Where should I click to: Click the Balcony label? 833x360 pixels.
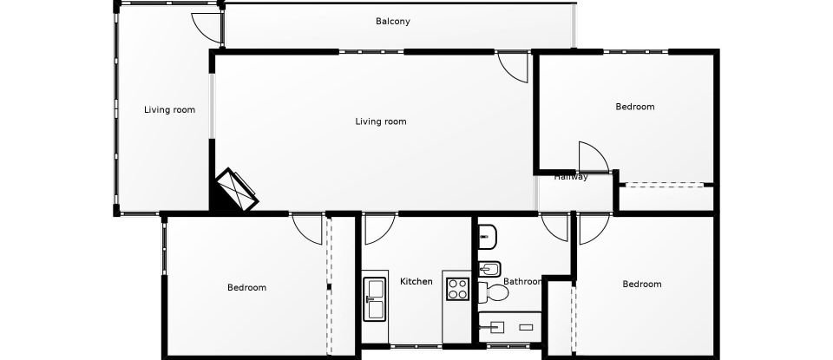pos(392,22)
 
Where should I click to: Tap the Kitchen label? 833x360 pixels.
pos(416,281)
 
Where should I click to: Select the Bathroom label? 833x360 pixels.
pos(522,282)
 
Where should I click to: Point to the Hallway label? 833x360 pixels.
pos(571,177)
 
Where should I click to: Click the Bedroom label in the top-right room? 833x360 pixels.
pos(634,107)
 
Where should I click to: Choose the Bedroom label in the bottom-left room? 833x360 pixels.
pos(246,287)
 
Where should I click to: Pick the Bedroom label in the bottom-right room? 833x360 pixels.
pos(641,284)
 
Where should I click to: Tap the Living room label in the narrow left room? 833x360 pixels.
pos(169,110)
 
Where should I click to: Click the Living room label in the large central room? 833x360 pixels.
pos(380,121)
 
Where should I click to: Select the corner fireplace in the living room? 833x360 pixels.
pos(237,190)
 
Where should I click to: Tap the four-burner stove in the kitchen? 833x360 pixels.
pos(457,289)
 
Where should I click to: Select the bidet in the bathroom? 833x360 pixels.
pos(488,267)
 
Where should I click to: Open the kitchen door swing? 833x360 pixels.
pos(377,229)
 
